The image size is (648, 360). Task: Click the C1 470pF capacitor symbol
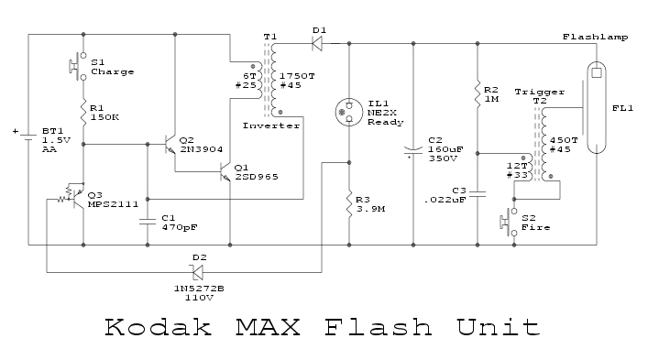pyautogui.click(x=148, y=220)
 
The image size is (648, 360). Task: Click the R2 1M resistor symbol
pyautogui.click(x=478, y=93)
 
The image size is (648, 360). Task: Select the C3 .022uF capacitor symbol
pyautogui.click(x=478, y=194)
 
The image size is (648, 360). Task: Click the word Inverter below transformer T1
pyautogui.click(x=271, y=125)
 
